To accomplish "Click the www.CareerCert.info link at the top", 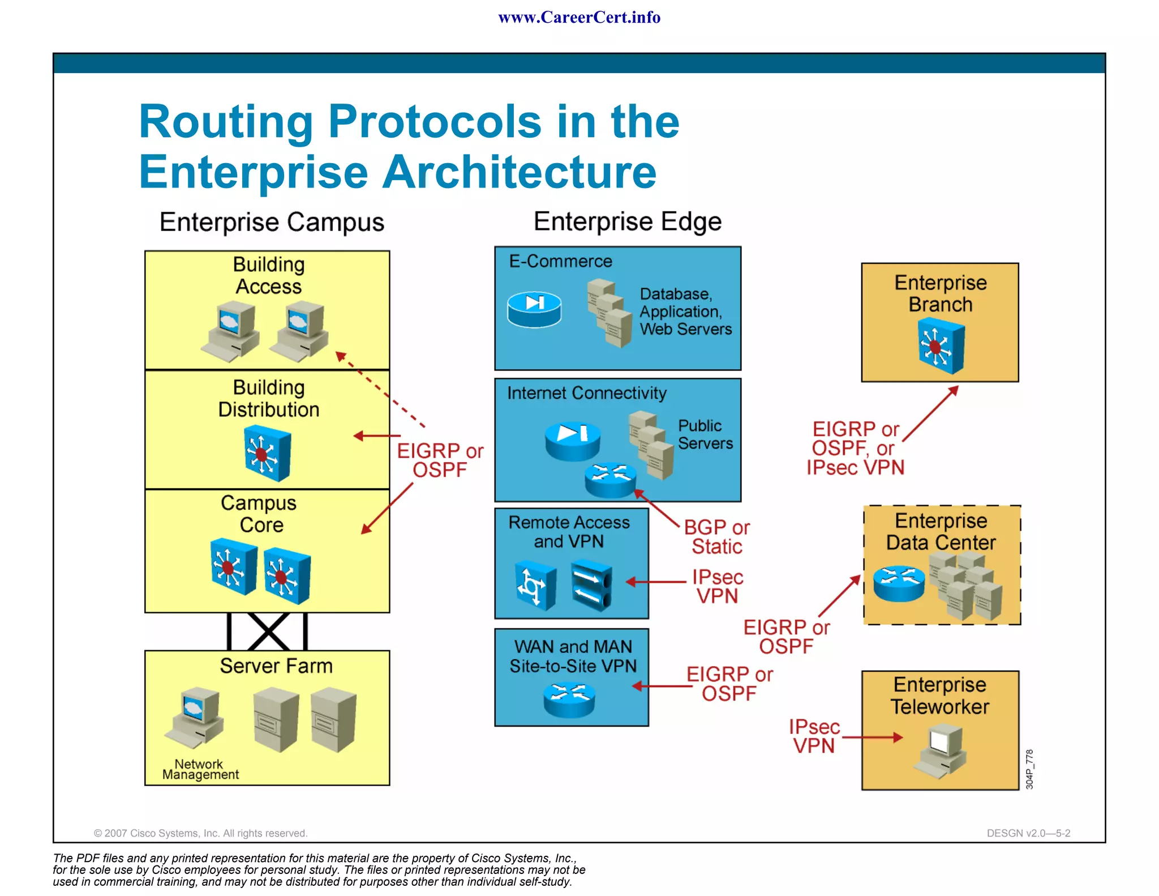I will pyautogui.click(x=579, y=18).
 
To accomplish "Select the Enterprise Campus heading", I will pyautogui.click(x=272, y=222).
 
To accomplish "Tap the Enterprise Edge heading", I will pyautogui.click(x=627, y=221).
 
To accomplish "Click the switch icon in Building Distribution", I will pyautogui.click(x=267, y=454).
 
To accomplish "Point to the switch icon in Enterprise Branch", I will pyautogui.click(x=941, y=345).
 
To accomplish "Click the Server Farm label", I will pyautogui.click(x=276, y=665).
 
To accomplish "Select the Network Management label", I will pyautogui.click(x=200, y=769).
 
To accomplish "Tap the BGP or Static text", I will pyautogui.click(x=716, y=537).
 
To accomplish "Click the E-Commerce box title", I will pyautogui.click(x=560, y=261).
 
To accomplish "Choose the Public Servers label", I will pyautogui.click(x=705, y=434).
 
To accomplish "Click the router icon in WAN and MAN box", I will pyautogui.click(x=569, y=699).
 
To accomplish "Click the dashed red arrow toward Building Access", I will pyautogui.click(x=380, y=389).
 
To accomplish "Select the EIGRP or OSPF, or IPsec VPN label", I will pyautogui.click(x=855, y=448).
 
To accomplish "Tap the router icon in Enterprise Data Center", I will pyautogui.click(x=899, y=583).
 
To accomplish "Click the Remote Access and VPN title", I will pyautogui.click(x=569, y=531).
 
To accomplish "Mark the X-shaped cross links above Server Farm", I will pyautogui.click(x=268, y=632).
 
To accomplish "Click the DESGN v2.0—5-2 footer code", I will pyautogui.click(x=1028, y=833).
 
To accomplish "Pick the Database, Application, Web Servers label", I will pyautogui.click(x=685, y=312).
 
